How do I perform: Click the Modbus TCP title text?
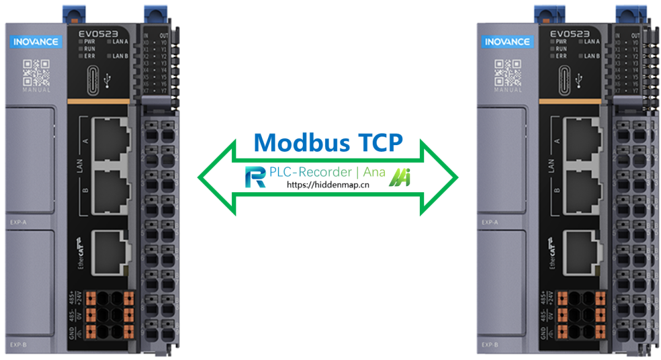[x=329, y=142]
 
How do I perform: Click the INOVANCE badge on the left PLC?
[x=35, y=42]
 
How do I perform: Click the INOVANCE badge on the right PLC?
[x=507, y=42]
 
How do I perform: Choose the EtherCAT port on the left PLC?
[x=111, y=250]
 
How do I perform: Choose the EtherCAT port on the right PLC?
[x=584, y=250]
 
